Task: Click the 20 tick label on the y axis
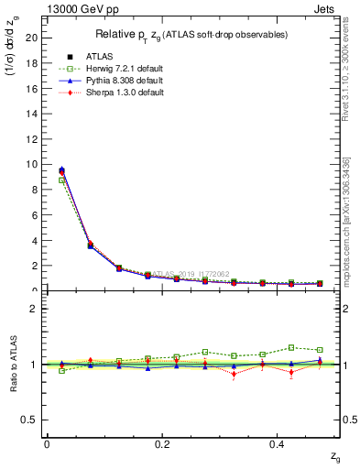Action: point(31,37)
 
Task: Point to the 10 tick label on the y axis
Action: point(31,164)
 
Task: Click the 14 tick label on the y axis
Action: point(31,113)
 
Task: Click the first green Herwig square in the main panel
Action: point(61,180)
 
